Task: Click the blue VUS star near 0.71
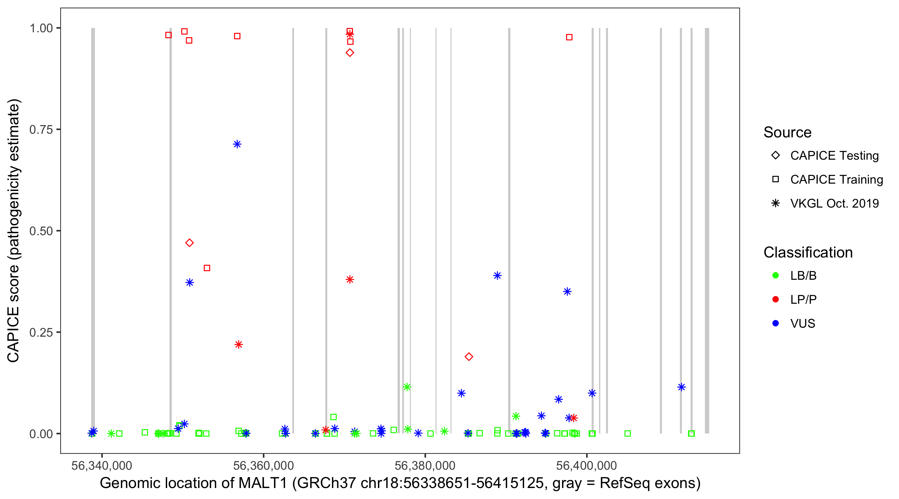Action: (237, 144)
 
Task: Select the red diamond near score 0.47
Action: (189, 243)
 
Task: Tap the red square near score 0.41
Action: (207, 268)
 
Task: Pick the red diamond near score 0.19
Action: (469, 356)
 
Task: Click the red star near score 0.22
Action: (238, 345)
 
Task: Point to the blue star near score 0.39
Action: (497, 275)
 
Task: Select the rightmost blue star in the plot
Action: (681, 387)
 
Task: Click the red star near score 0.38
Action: (350, 279)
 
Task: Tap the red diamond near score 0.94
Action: (350, 53)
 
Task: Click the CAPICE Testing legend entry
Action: (834, 156)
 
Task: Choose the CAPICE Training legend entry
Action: (836, 180)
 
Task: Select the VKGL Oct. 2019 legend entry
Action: (834, 203)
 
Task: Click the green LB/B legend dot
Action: (775, 275)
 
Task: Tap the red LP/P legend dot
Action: (775, 299)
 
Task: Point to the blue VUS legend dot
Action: (775, 323)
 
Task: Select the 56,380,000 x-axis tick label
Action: (425, 465)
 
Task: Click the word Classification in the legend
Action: (808, 252)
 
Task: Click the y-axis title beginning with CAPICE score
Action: (14, 230)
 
